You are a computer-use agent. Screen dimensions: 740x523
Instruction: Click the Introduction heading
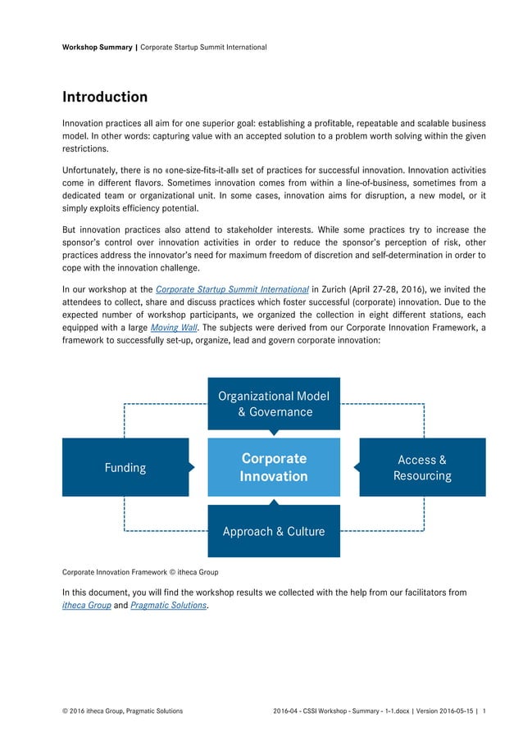(105, 98)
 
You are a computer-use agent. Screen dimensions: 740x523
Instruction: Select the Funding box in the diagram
(125, 467)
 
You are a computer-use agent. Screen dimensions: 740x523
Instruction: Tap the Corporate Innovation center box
(274, 467)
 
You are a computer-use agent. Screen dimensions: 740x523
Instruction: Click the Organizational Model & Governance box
(274, 403)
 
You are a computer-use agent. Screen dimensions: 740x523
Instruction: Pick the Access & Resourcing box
(422, 467)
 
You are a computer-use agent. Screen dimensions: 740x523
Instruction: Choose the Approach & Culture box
(274, 531)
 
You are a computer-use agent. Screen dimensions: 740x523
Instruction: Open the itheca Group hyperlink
(87, 605)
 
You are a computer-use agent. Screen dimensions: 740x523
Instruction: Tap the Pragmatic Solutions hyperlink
(169, 605)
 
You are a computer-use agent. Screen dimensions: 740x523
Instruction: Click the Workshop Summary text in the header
(97, 48)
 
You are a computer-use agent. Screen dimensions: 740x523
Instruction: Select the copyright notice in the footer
(123, 710)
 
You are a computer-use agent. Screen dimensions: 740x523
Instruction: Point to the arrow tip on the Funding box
(192, 467)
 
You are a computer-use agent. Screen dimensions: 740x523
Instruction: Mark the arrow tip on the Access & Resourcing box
(357, 467)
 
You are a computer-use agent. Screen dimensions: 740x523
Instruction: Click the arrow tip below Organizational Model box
(274, 433)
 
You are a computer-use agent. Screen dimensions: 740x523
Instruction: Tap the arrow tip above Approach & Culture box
(274, 502)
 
